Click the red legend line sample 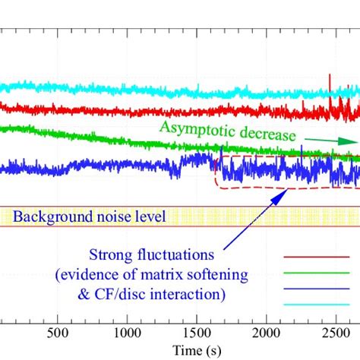[317, 257]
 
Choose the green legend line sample [317, 273]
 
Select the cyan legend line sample [317, 304]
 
